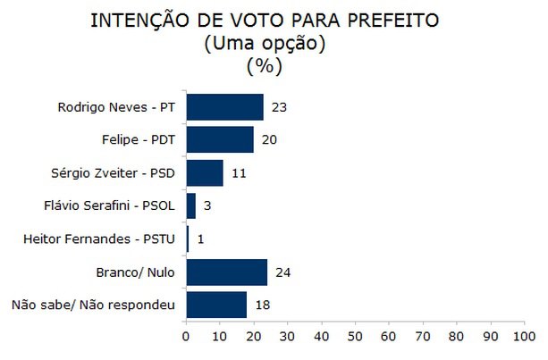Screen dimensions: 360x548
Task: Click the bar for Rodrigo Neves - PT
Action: click(224, 107)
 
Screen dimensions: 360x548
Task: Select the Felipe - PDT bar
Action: click(219, 140)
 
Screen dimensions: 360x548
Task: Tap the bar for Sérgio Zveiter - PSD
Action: click(204, 173)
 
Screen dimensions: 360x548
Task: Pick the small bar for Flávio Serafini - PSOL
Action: click(190, 206)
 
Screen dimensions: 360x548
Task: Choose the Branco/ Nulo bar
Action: click(226, 272)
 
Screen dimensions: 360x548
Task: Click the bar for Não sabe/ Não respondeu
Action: click(216, 306)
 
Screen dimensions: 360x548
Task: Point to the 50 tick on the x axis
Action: click(355, 337)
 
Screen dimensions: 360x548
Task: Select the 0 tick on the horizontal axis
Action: click(186, 337)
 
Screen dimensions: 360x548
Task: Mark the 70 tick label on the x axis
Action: click(423, 337)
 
